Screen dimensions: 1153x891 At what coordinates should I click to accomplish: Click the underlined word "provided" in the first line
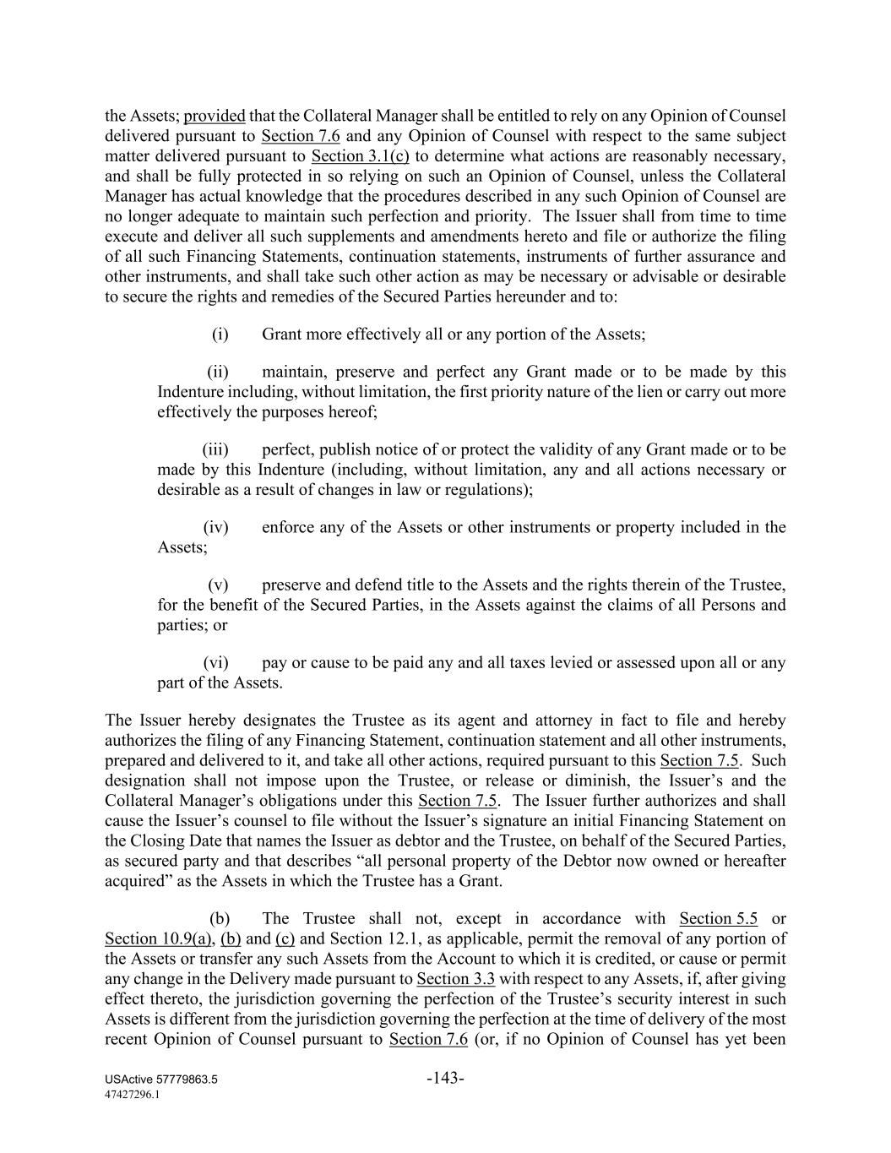215,116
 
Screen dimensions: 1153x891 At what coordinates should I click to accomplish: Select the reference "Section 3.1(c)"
361,156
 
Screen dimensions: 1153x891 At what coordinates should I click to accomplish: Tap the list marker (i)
220,334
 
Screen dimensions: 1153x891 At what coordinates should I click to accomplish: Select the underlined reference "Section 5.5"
718,919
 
